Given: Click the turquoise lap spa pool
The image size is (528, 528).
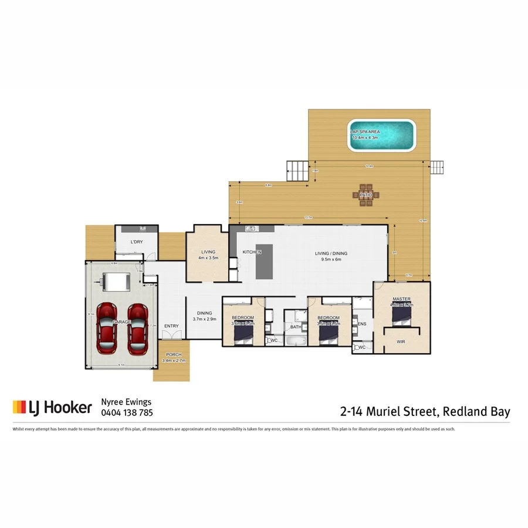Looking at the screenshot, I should (x=382, y=136).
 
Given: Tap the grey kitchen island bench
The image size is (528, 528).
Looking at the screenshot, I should (x=264, y=262).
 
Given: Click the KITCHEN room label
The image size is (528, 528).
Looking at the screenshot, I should (x=252, y=252).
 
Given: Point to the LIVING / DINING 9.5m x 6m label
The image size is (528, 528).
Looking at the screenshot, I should (x=331, y=256).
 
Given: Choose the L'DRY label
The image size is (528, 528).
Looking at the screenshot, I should (x=136, y=242).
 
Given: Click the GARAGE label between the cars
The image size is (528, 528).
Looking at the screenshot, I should (x=122, y=322).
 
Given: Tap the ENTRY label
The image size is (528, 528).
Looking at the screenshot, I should (x=171, y=326).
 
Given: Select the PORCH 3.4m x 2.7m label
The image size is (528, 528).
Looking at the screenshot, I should (x=174, y=357).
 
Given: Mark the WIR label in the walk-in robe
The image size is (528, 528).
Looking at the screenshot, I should (x=401, y=340).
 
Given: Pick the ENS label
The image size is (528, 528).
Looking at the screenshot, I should (x=362, y=323).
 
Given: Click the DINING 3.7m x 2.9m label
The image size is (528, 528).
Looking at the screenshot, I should (x=205, y=316).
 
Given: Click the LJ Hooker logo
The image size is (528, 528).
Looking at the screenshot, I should (x=52, y=407).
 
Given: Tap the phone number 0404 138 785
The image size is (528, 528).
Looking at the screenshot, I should (x=127, y=412).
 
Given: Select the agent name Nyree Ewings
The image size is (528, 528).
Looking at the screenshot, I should (x=127, y=402).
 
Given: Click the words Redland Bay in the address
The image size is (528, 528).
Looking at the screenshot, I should (x=476, y=411).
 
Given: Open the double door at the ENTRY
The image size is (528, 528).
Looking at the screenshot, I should (x=172, y=334).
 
